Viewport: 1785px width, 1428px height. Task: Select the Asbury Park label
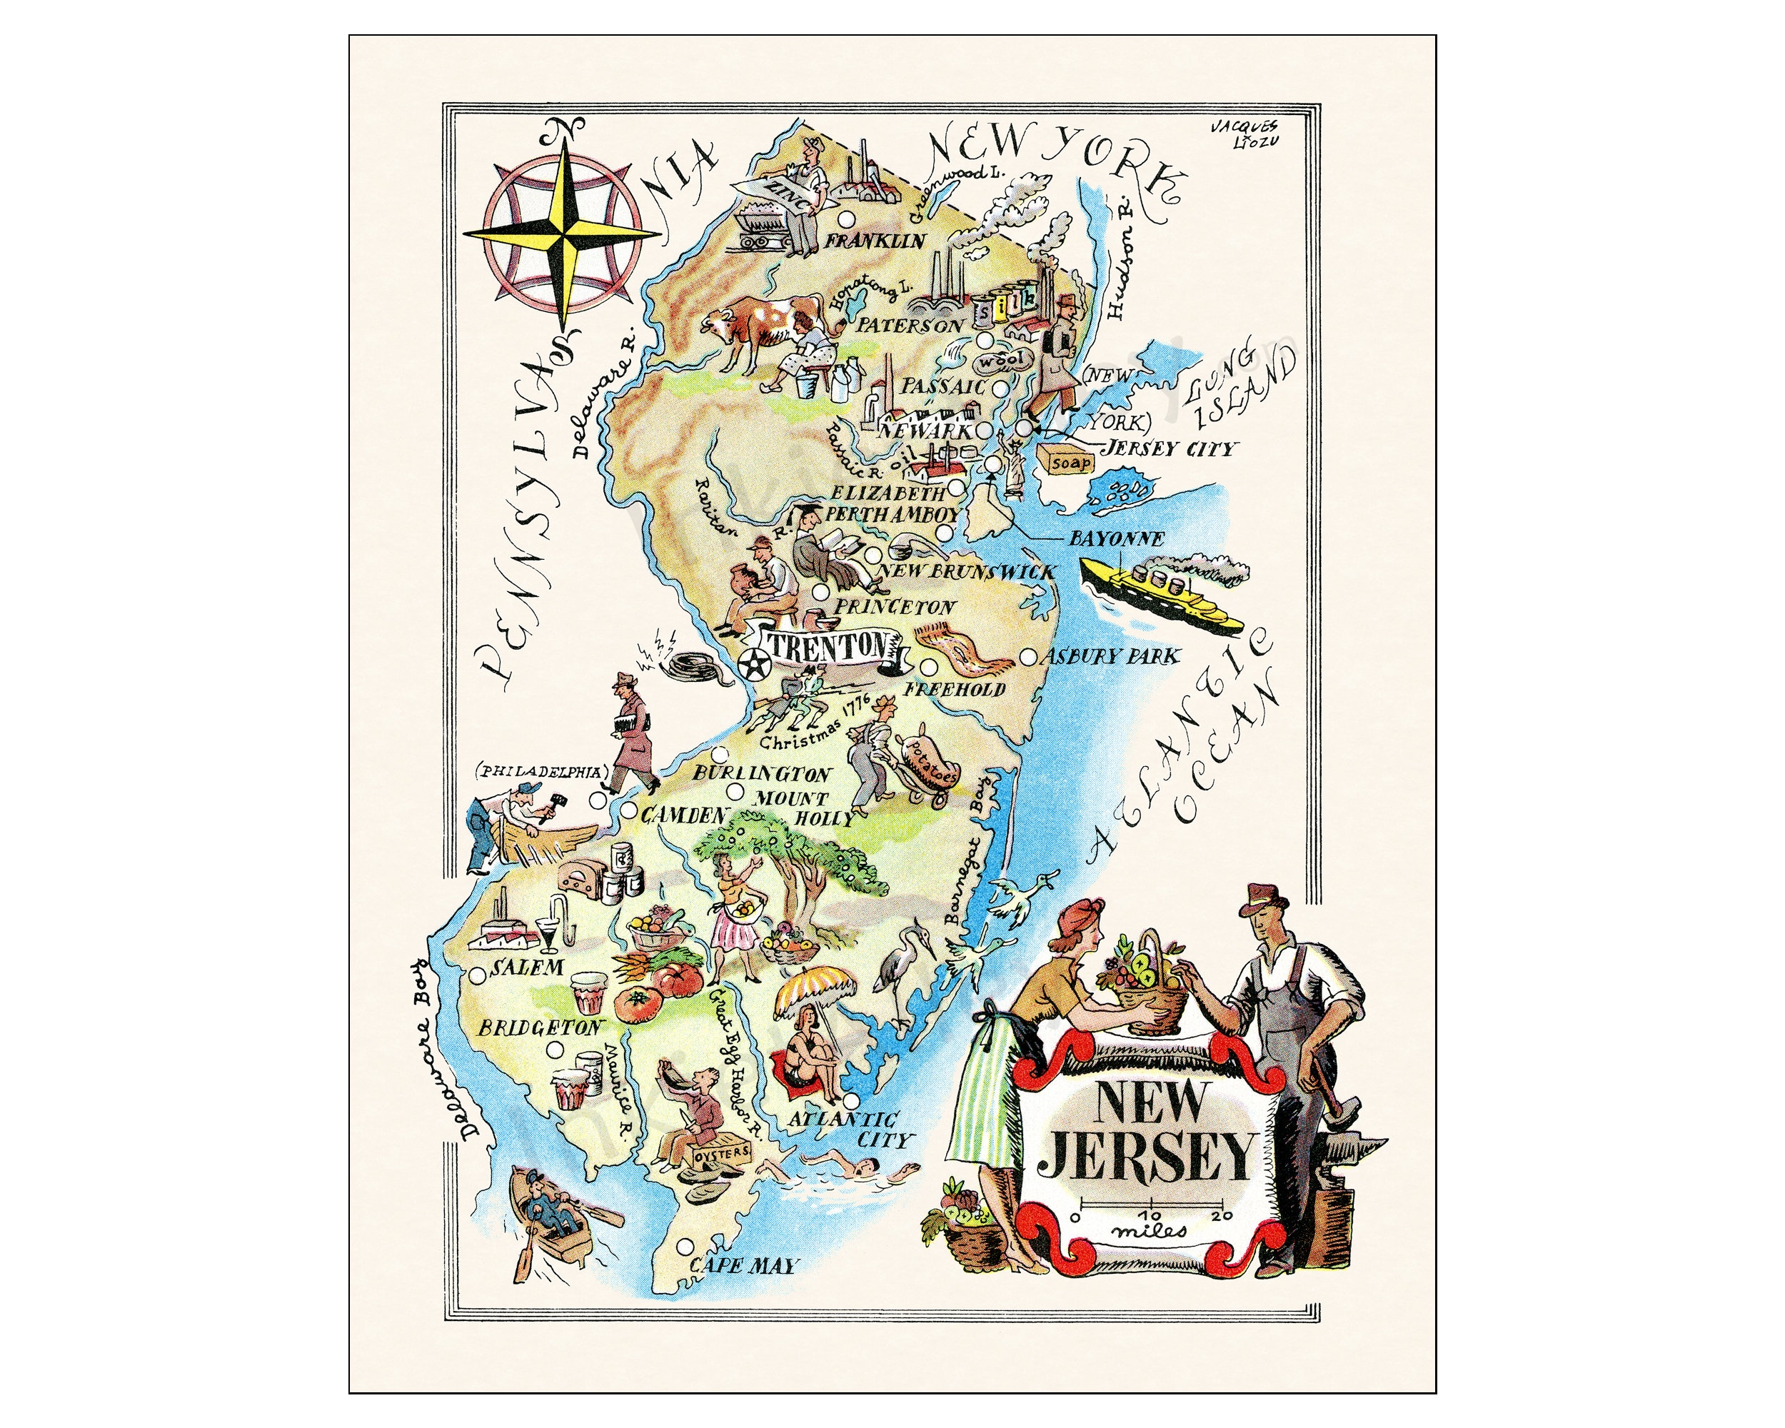(x=1111, y=656)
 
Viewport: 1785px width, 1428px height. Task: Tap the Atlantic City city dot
(x=849, y=1100)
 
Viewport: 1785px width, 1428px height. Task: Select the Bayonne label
(x=1115, y=538)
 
